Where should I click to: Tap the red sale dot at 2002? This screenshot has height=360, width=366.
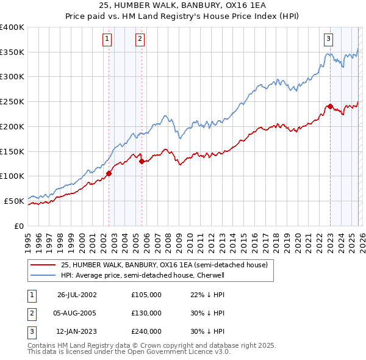[x=109, y=173]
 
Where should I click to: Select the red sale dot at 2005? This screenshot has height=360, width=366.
[x=142, y=161]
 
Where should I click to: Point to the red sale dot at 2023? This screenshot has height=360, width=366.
[x=330, y=106]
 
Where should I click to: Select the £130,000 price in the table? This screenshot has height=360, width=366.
[x=146, y=313]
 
